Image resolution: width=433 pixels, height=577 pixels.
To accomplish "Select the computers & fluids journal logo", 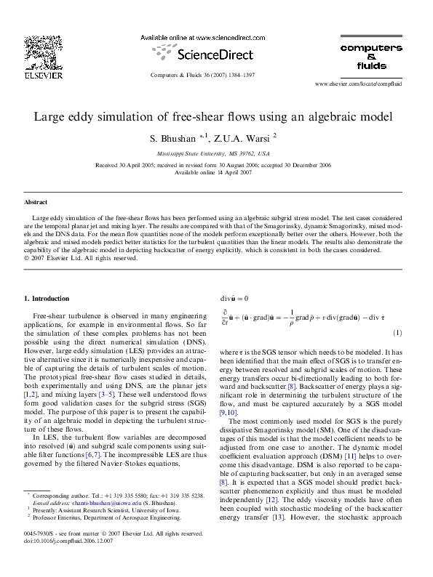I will pos(370,56).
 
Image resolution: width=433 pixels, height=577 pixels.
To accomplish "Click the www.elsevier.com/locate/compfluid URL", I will pos(368,84).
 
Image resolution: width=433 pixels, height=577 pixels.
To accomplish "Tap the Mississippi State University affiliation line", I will pos(212,154).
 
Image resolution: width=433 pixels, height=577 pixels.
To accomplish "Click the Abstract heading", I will pos(36,202).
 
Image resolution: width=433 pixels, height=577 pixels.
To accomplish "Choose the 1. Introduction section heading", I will pos(47,299).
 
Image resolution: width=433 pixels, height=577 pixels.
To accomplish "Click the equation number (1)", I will pos(398,333).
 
